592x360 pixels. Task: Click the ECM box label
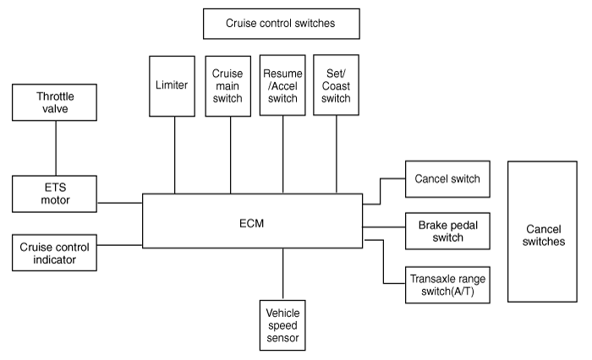(x=251, y=223)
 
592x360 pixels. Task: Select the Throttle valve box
(x=54, y=102)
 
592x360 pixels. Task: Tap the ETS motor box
(x=54, y=194)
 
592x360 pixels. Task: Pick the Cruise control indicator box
(x=54, y=253)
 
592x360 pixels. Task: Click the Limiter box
(x=173, y=86)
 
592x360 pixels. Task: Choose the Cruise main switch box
(x=228, y=86)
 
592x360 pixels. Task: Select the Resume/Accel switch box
(x=282, y=85)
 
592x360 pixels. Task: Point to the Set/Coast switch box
(x=336, y=85)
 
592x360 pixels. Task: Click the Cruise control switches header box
(x=282, y=24)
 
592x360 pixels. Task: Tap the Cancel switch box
(x=447, y=179)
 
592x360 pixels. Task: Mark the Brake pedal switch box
(x=447, y=231)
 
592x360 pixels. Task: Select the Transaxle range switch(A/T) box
(x=447, y=285)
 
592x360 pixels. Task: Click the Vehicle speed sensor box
(x=282, y=325)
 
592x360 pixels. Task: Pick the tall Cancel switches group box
(x=542, y=232)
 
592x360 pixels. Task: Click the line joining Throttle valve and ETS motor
(x=56, y=148)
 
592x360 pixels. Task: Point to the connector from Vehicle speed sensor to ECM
(x=282, y=274)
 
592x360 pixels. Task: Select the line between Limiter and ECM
(x=174, y=155)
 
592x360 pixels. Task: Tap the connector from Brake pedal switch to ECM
(x=384, y=227)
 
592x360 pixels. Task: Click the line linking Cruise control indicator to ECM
(x=120, y=245)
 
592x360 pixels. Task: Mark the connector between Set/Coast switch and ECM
(x=337, y=155)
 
